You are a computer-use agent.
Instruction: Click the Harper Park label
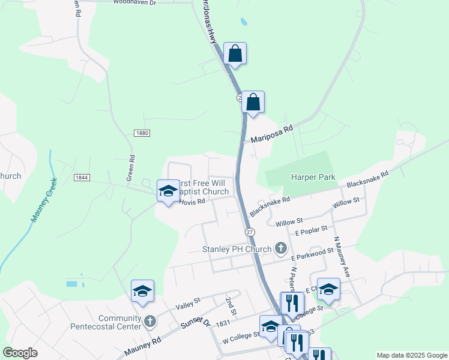click(x=313, y=177)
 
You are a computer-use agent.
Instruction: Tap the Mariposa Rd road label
click(x=271, y=133)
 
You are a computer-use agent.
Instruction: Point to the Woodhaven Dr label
click(x=134, y=3)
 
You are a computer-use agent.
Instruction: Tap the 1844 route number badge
click(x=82, y=178)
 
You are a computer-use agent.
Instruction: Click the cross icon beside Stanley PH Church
click(x=280, y=248)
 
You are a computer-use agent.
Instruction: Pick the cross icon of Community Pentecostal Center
click(x=150, y=322)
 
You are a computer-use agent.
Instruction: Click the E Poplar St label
click(x=311, y=229)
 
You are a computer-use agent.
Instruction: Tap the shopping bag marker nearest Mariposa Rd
click(x=253, y=102)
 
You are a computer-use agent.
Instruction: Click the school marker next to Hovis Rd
click(x=168, y=191)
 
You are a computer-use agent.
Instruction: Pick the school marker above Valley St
click(x=142, y=291)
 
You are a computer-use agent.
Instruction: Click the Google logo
click(x=20, y=353)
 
